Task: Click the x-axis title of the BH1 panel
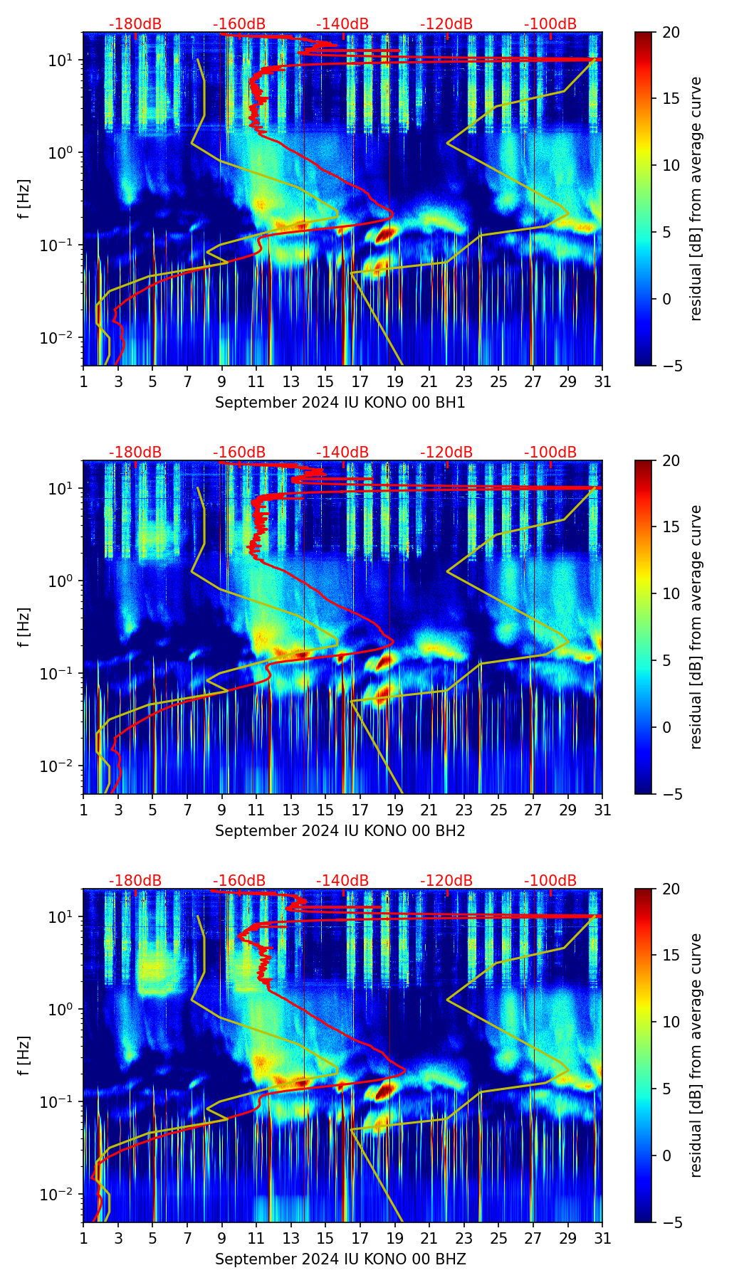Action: (x=340, y=403)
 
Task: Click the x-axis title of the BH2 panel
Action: (x=340, y=831)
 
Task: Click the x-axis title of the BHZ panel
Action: (x=340, y=1259)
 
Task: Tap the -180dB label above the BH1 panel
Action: (x=135, y=24)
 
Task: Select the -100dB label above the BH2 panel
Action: (x=550, y=453)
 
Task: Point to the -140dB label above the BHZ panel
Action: (x=342, y=881)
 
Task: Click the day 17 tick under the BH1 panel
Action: (x=360, y=381)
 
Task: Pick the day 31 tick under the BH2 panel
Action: (x=602, y=810)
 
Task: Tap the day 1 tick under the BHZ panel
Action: (x=83, y=1238)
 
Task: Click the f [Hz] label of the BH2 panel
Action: (x=24, y=627)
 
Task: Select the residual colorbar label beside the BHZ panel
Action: (x=696, y=1055)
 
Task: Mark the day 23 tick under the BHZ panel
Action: (x=464, y=1238)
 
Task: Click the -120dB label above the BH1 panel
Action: (x=446, y=24)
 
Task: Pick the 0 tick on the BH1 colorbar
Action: (x=666, y=299)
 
